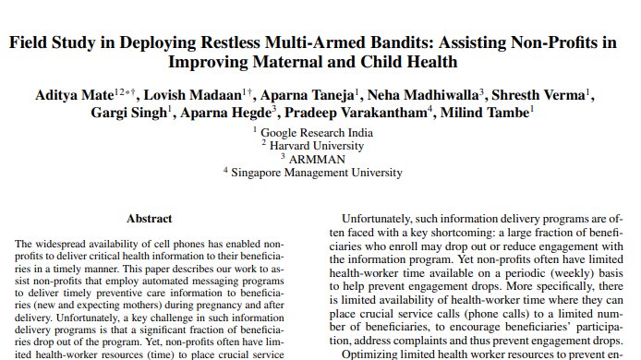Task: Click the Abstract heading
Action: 149,219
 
